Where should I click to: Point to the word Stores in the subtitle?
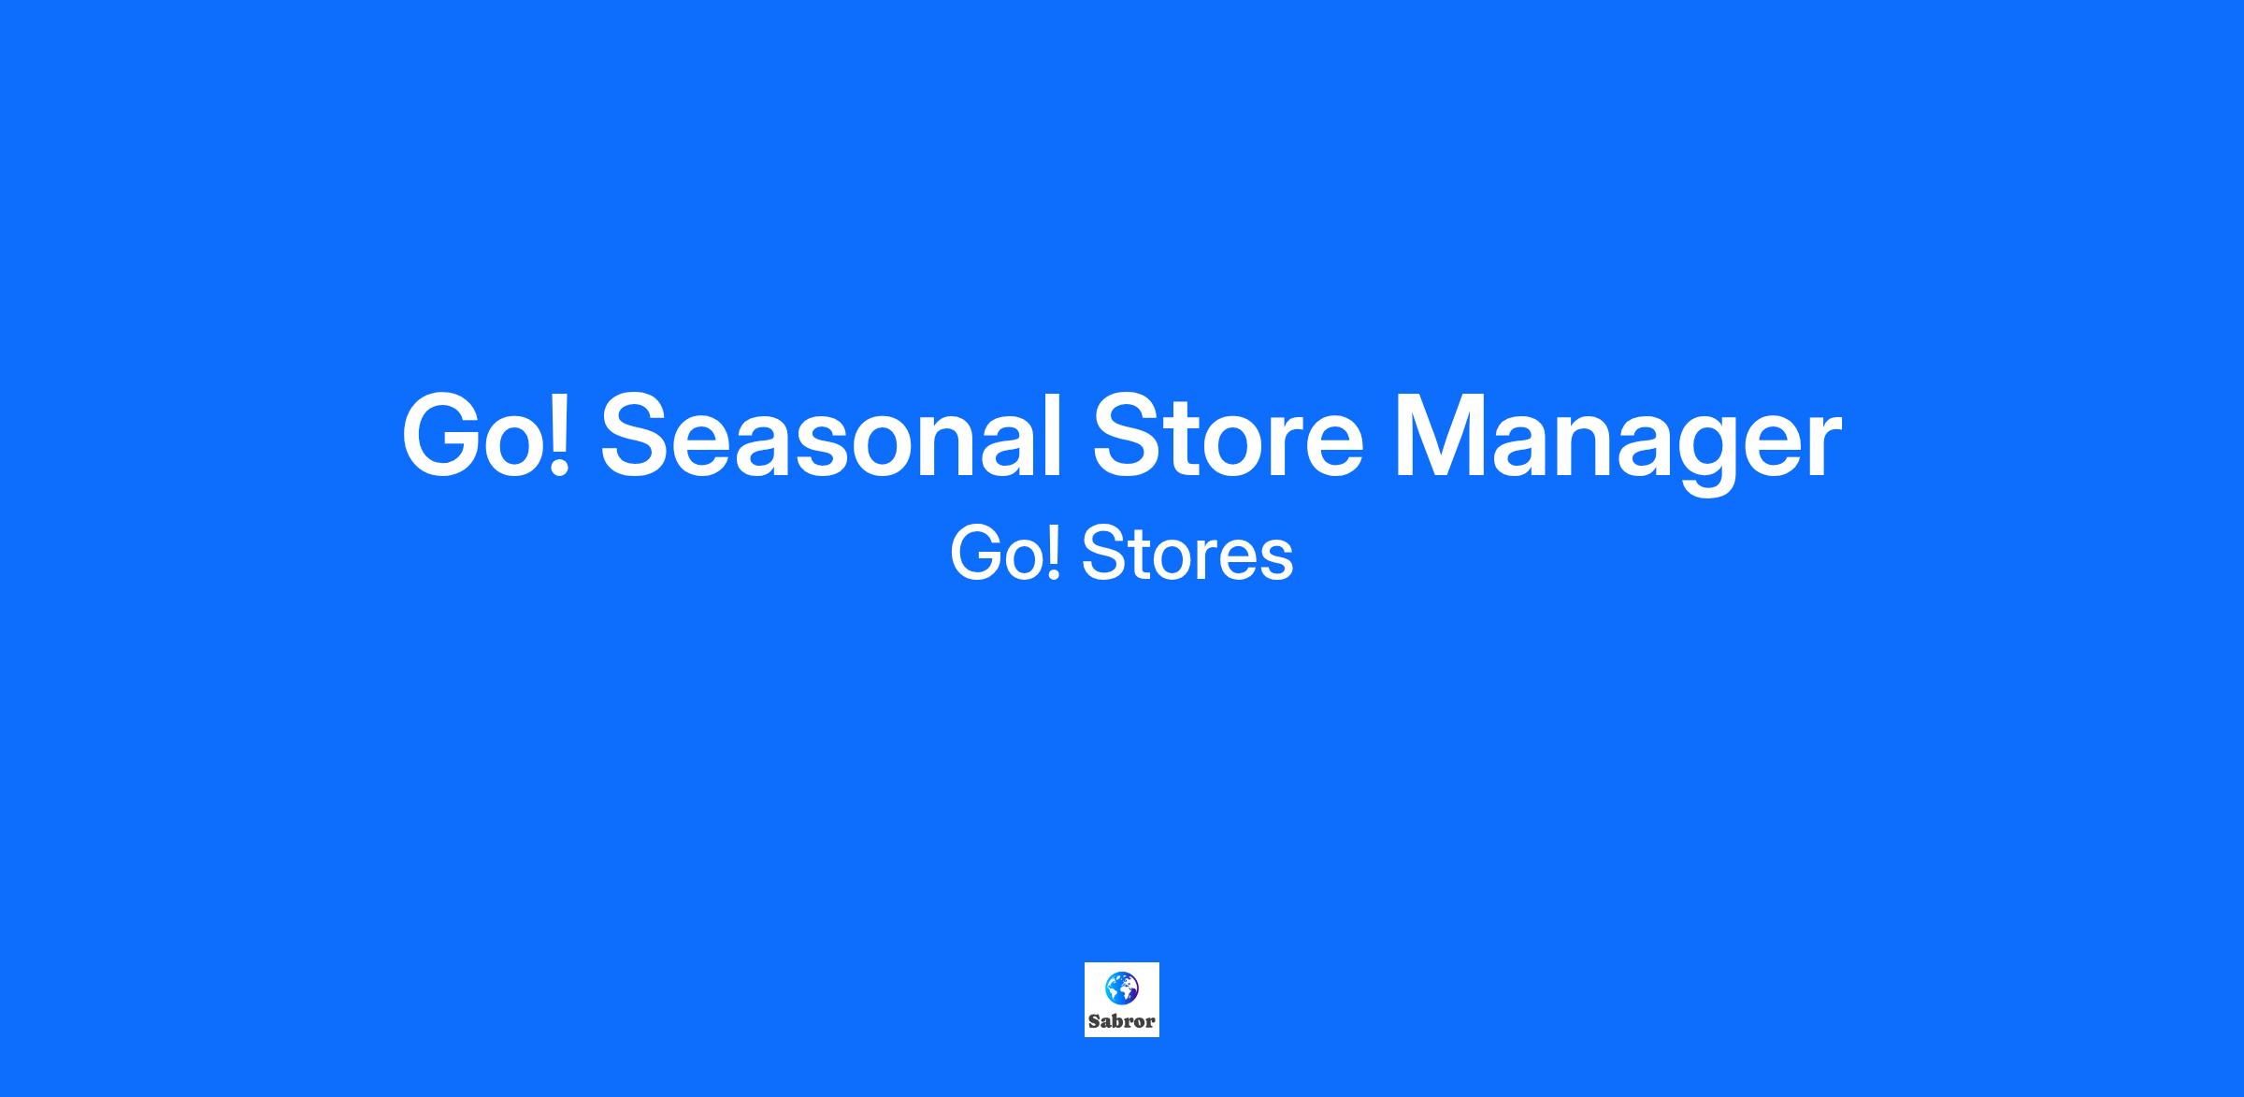coord(1187,554)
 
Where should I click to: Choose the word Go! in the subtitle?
coord(1006,554)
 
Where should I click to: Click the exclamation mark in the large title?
coord(558,435)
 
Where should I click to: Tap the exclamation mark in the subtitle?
coord(1055,554)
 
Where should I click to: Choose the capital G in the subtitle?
coord(977,554)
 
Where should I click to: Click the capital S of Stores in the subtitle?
coord(1107,554)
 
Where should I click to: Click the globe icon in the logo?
coord(1121,988)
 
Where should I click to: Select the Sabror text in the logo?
coord(1122,1021)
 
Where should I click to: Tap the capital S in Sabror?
coord(1094,1021)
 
